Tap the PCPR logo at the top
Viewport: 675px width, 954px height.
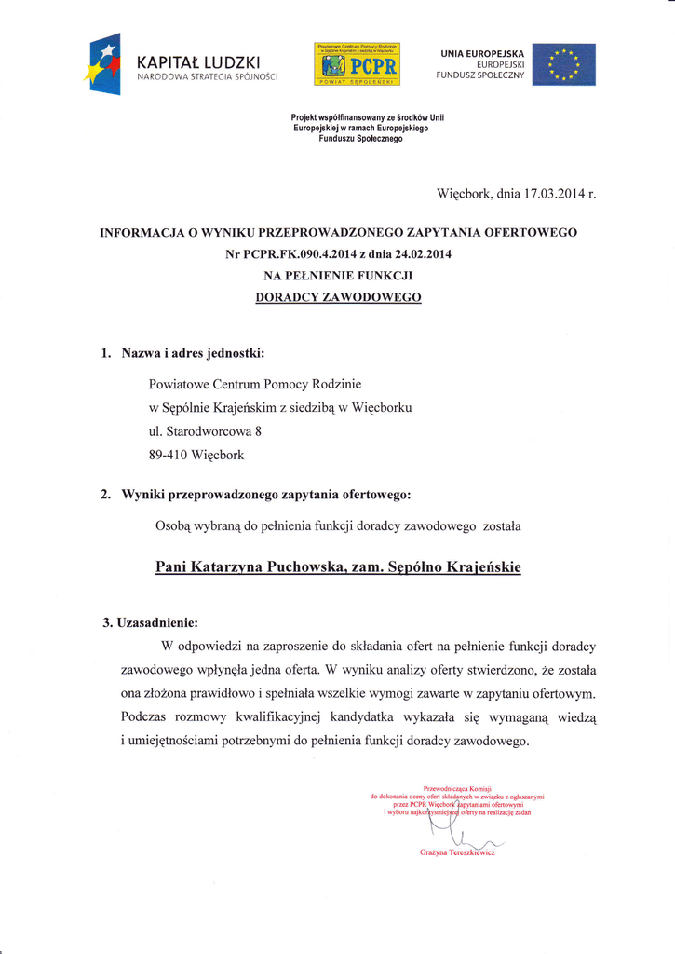click(x=358, y=64)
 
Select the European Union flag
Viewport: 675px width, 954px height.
click(x=564, y=64)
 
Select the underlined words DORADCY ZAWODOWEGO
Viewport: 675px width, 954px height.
click(x=338, y=297)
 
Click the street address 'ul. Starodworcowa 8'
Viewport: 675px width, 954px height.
click(x=206, y=431)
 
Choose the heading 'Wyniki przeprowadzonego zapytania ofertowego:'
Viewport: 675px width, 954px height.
click(x=264, y=494)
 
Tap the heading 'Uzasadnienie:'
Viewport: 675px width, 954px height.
click(x=155, y=621)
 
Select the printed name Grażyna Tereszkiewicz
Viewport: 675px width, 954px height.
click(x=457, y=852)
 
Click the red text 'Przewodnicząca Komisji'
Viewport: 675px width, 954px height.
click(x=456, y=788)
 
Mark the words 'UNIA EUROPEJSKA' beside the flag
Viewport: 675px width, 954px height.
click(x=482, y=53)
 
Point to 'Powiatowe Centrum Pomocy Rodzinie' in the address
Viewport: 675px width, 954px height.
click(x=255, y=383)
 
